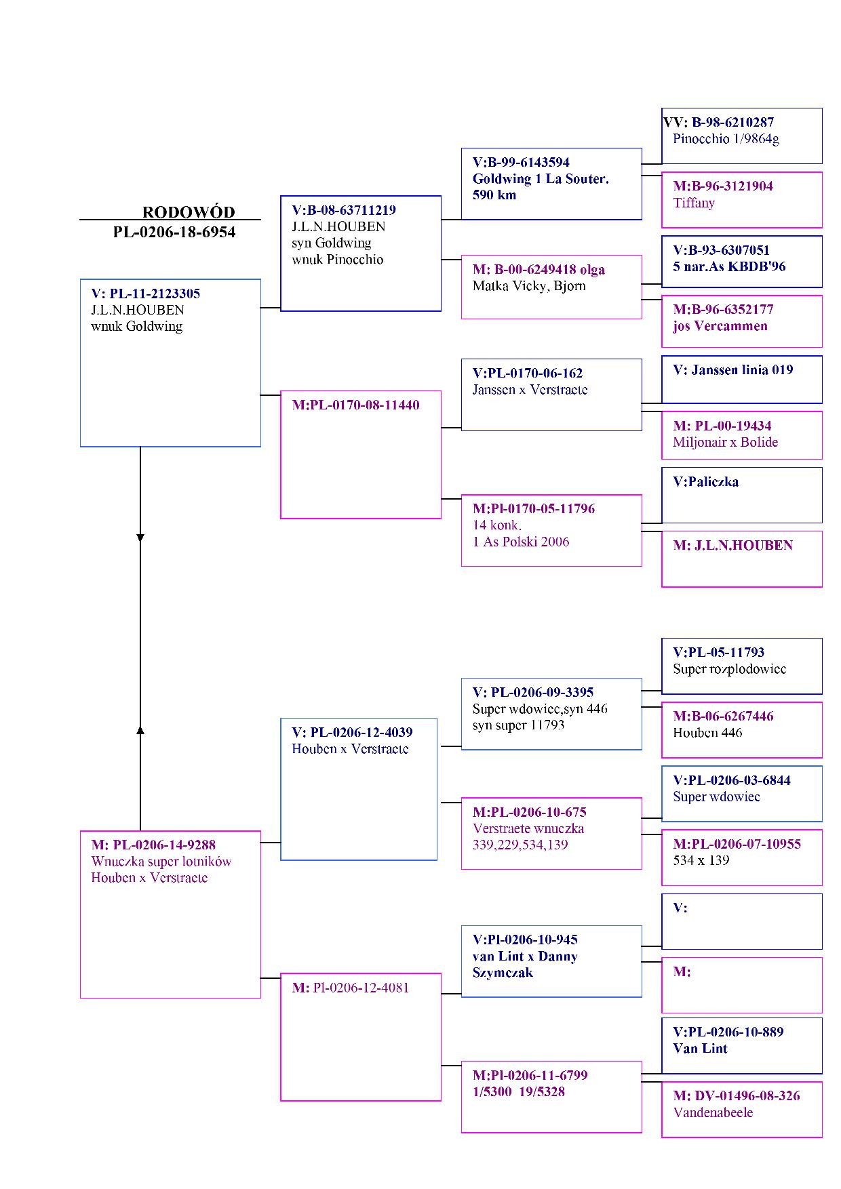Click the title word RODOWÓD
(189, 212)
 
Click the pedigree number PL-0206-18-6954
(174, 233)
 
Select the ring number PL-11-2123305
(155, 294)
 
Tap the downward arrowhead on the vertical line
(140, 538)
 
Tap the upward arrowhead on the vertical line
(140, 730)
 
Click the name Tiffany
(694, 203)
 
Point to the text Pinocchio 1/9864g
(726, 139)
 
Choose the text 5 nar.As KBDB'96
(729, 266)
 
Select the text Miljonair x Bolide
(725, 443)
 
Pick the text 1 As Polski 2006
(521, 542)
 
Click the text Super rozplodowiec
(729, 669)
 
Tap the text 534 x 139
(701, 860)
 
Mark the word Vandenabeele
(713, 1112)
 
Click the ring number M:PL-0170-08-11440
(355, 405)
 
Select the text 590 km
(494, 195)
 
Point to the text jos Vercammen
(720, 326)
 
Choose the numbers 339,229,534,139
(520, 845)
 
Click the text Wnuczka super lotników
(161, 862)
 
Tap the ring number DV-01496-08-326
(747, 1095)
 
